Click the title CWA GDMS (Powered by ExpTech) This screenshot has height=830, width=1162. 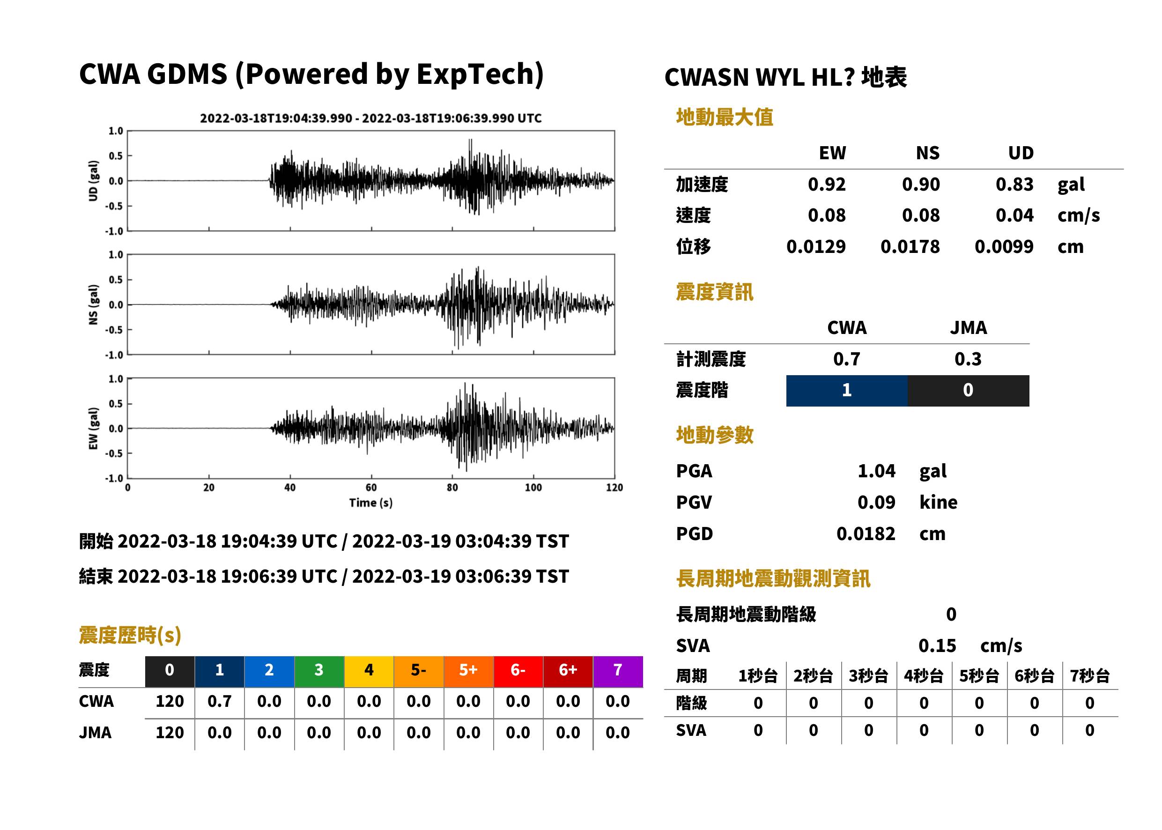(x=311, y=74)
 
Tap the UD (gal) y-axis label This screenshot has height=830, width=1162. (x=93, y=181)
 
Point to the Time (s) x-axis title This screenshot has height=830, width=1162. (x=371, y=503)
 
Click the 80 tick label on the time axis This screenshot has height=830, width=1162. (x=452, y=488)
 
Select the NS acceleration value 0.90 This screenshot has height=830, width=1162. (x=921, y=185)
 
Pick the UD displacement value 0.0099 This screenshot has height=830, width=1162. (x=1004, y=247)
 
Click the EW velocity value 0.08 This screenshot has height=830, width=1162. (x=827, y=215)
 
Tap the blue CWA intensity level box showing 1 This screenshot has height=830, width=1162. (x=847, y=391)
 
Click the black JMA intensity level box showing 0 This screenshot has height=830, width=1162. (x=969, y=391)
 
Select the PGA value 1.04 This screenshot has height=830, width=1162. (x=876, y=471)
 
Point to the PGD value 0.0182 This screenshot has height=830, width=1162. (x=866, y=534)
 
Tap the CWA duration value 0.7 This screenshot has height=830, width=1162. (x=220, y=702)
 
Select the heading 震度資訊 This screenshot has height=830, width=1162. (x=714, y=292)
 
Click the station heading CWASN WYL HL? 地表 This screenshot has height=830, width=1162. (x=785, y=78)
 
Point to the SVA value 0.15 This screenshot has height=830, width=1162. (x=937, y=646)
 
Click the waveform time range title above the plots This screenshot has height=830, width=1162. (x=371, y=119)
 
